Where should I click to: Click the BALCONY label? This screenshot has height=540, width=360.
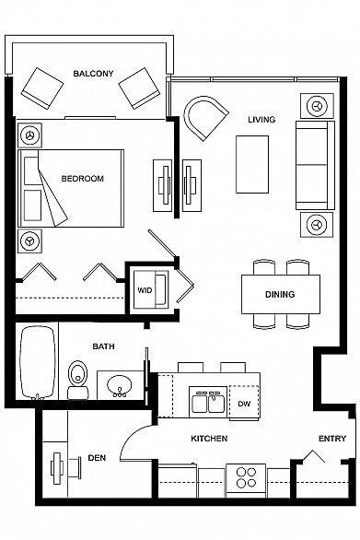click(x=93, y=74)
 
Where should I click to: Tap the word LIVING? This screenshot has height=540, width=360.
click(x=261, y=120)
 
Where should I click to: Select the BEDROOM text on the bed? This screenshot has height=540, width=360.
click(x=82, y=179)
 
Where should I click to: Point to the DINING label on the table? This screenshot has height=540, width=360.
click(x=280, y=294)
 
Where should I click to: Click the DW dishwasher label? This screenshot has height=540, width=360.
click(x=244, y=404)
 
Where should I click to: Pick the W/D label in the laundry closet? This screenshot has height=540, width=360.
click(x=145, y=290)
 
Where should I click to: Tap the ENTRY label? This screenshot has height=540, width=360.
click(x=332, y=439)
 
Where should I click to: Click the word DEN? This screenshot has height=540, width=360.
click(x=97, y=458)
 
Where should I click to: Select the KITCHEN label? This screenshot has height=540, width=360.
click(x=209, y=439)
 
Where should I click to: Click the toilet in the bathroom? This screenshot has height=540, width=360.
click(x=77, y=380)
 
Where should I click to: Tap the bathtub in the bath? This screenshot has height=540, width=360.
click(x=38, y=363)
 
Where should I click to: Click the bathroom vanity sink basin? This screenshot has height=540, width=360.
click(x=120, y=384)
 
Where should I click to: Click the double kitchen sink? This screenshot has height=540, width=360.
click(x=208, y=403)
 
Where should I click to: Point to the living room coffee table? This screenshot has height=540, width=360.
click(x=252, y=164)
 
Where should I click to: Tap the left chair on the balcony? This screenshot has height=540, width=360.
click(x=42, y=88)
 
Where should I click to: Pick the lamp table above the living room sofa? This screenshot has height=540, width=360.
click(x=317, y=106)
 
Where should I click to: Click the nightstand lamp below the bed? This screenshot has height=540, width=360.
click(x=30, y=241)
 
